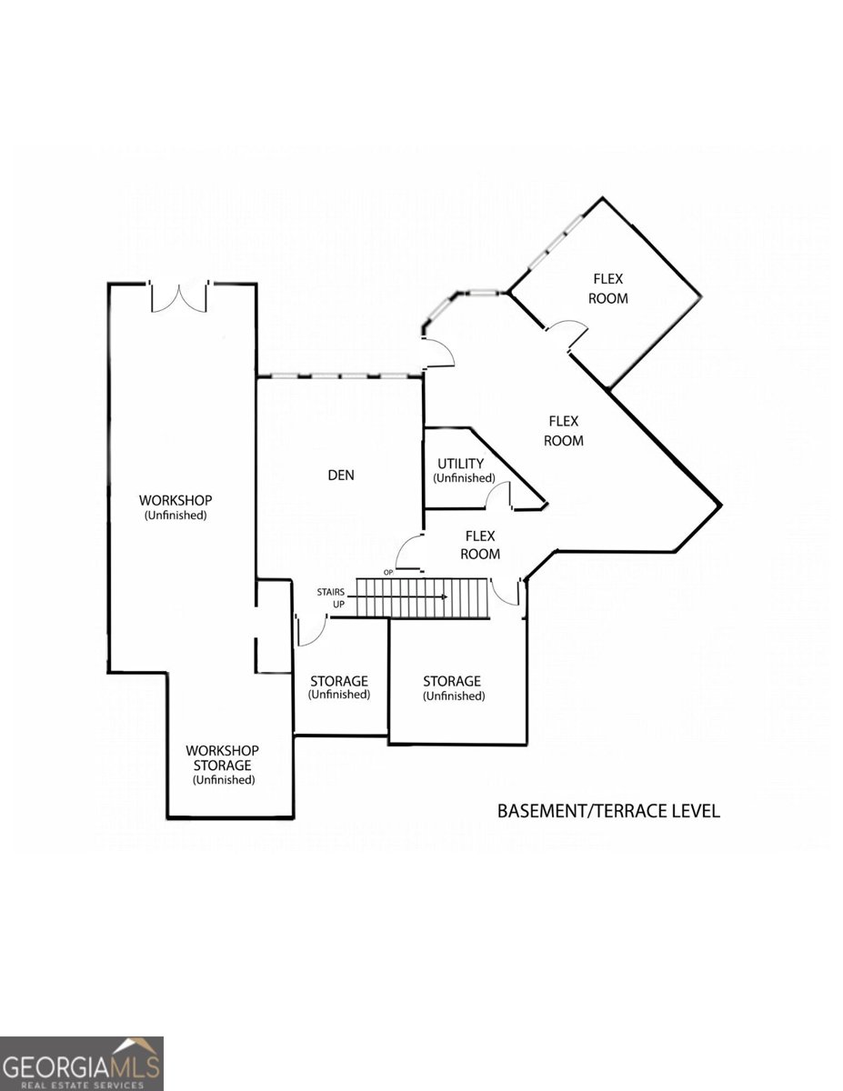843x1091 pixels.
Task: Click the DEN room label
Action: [341, 475]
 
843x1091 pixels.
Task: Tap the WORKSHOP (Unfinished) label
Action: [176, 506]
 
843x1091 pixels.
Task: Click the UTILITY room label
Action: [461, 470]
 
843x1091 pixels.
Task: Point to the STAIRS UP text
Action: [331, 597]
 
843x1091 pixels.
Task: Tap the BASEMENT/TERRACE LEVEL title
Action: [608, 810]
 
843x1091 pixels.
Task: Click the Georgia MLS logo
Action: [81, 1063]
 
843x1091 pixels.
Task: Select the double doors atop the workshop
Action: [180, 297]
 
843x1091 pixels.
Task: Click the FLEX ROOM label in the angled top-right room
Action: [608, 288]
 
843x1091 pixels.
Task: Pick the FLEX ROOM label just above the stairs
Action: [480, 545]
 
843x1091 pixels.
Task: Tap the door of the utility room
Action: [497, 497]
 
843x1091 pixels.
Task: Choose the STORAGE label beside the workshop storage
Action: [339, 687]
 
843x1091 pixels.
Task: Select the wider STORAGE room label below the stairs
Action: [452, 688]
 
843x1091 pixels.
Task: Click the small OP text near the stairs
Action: [388, 572]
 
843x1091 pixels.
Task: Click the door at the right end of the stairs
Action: [506, 593]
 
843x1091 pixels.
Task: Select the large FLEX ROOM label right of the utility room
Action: [564, 430]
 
